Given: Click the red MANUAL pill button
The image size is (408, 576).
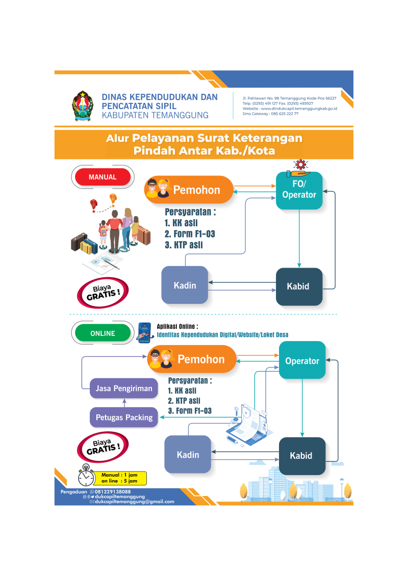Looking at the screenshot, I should (103, 177).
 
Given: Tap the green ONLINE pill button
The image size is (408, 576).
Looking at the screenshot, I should (103, 333).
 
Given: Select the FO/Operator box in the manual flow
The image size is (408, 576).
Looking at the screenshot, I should (299, 191).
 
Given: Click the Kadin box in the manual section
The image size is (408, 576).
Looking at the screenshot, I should (185, 285).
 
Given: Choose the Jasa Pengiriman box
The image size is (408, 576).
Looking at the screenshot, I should (124, 388).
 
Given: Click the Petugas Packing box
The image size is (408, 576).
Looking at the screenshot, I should (124, 417).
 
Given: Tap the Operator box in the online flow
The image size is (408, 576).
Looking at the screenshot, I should (302, 360).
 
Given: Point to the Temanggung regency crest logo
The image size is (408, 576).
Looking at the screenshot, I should (82, 106).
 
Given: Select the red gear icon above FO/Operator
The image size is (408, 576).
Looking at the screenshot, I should (300, 164).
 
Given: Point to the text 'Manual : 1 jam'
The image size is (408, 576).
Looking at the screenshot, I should (119, 475).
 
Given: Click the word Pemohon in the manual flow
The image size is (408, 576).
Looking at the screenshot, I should (196, 190).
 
